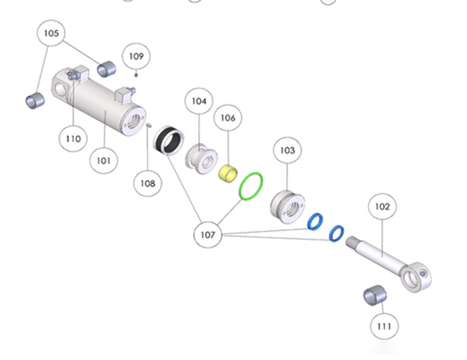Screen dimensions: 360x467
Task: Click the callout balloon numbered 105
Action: pyautogui.click(x=51, y=33)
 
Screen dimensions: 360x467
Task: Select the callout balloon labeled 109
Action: pyautogui.click(x=136, y=56)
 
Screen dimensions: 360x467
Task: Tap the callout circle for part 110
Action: pyautogui.click(x=73, y=138)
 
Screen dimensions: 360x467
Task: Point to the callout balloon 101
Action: pyautogui.click(x=104, y=160)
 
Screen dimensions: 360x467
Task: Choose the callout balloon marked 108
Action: pyautogui.click(x=147, y=183)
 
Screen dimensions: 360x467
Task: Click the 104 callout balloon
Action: pyautogui.click(x=199, y=101)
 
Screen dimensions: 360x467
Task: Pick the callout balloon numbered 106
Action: pyautogui.click(x=228, y=118)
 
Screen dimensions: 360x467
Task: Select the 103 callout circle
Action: pyautogui.click(x=287, y=150)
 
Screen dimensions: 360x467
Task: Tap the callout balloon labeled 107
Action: pyautogui.click(x=208, y=235)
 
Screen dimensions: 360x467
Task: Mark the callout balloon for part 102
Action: pyautogui.click(x=382, y=207)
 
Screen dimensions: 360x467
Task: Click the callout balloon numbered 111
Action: pyautogui.click(x=384, y=326)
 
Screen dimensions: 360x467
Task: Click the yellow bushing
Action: pyautogui.click(x=228, y=172)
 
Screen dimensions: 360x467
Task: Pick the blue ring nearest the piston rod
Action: pyautogui.click(x=337, y=233)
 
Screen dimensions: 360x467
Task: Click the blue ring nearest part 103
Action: pyautogui.click(x=315, y=221)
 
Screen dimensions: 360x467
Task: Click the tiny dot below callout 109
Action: pyautogui.click(x=136, y=75)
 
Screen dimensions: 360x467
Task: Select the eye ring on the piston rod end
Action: pyautogui.click(x=416, y=277)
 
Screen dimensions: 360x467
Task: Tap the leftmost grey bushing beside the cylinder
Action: pyautogui.click(x=35, y=101)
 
